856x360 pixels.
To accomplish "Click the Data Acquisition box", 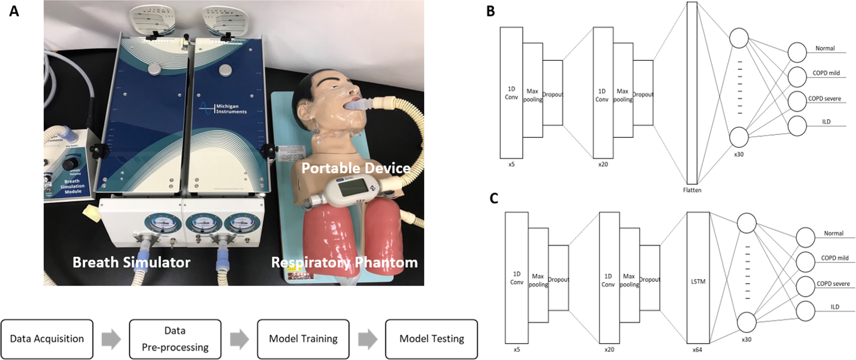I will (x=47, y=339).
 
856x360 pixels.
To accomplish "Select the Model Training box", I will (x=303, y=339).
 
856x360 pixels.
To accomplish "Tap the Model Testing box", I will (x=431, y=339).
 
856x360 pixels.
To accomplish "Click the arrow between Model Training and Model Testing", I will (x=368, y=339).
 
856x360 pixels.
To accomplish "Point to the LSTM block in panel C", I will (x=698, y=281).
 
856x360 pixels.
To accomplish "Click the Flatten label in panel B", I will (x=692, y=190).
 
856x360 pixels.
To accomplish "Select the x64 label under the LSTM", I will (x=697, y=350).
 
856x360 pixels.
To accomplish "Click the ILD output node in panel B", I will (x=797, y=126).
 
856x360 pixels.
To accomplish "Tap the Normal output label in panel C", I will (x=833, y=234).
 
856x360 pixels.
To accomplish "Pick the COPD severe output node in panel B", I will (x=797, y=101).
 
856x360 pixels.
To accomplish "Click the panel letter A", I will (x=14, y=11).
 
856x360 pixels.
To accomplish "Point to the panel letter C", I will (x=494, y=199).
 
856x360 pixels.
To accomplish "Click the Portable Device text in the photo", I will (x=356, y=168).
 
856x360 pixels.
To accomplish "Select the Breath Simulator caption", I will (x=132, y=262).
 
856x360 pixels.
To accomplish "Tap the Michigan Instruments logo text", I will (x=231, y=109).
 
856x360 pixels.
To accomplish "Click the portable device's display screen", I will (x=353, y=188).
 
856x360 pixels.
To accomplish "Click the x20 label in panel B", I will (x=603, y=165).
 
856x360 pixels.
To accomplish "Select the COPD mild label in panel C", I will (x=834, y=258).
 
